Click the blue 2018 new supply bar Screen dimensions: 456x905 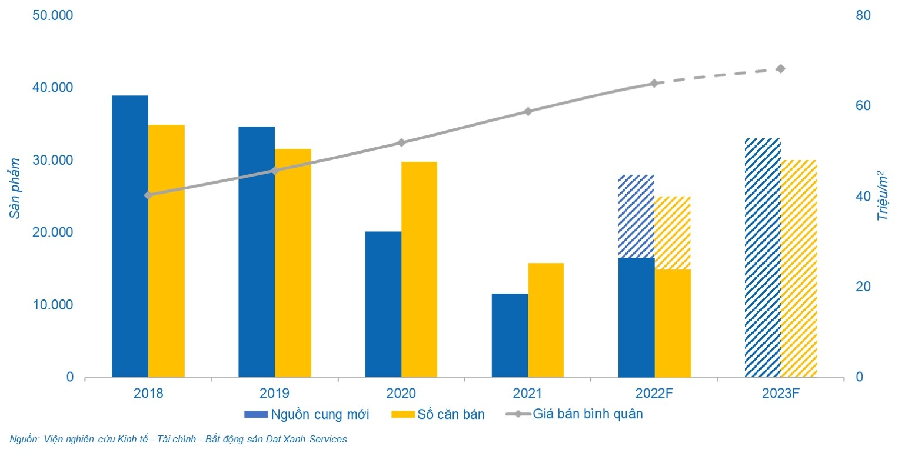[x=130, y=235]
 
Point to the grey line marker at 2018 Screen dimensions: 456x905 [x=148, y=195]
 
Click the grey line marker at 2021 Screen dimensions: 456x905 [x=528, y=111]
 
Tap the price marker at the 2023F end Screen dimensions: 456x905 [x=780, y=69]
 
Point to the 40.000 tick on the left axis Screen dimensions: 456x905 [x=52, y=88]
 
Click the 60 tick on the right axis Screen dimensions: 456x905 [x=862, y=106]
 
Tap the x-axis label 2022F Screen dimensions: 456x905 [x=654, y=393]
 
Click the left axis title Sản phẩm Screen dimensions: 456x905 [x=15, y=188]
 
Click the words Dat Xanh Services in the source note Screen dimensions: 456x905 [x=310, y=439]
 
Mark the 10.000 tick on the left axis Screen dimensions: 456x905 [x=52, y=305]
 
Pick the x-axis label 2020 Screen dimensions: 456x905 [x=401, y=393]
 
